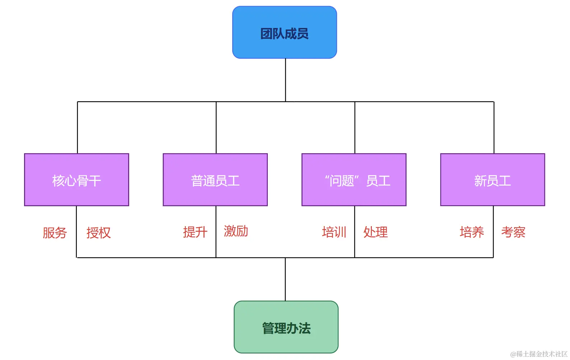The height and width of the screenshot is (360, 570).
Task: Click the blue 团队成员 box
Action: [x=284, y=33]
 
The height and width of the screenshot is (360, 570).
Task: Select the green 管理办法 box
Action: [x=286, y=327]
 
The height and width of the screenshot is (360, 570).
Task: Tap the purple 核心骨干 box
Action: [x=76, y=180]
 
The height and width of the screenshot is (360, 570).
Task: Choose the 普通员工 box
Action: [x=215, y=180]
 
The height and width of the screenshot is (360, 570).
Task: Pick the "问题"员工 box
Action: [x=354, y=180]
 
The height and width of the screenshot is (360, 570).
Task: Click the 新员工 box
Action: [x=492, y=180]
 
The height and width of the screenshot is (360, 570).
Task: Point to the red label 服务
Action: [x=55, y=233]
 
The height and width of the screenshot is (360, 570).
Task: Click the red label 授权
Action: [x=99, y=233]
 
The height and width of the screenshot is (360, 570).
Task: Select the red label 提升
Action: [x=195, y=232]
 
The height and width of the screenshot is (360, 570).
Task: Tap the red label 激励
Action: [x=236, y=231]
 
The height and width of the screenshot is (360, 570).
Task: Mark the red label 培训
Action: [x=334, y=232]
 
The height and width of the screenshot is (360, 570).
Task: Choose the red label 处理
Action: [x=375, y=232]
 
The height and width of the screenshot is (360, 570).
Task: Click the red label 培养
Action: [x=472, y=232]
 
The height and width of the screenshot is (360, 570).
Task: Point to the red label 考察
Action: [x=513, y=232]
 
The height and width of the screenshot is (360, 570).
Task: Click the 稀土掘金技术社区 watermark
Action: [x=539, y=354]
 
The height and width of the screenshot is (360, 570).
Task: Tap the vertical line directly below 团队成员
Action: [x=285, y=80]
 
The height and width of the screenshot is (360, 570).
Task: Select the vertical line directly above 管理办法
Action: [x=285, y=279]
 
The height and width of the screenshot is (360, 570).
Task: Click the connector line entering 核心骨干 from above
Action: [x=78, y=127]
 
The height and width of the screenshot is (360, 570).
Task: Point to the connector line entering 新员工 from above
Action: [x=494, y=127]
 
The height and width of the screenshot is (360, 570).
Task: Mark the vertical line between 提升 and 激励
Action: [x=216, y=232]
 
